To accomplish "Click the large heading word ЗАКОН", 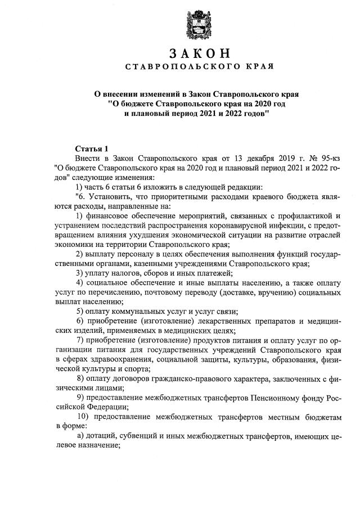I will tap(199, 53).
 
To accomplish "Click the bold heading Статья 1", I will tap(91, 148).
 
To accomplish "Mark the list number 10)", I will tap(82, 417).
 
